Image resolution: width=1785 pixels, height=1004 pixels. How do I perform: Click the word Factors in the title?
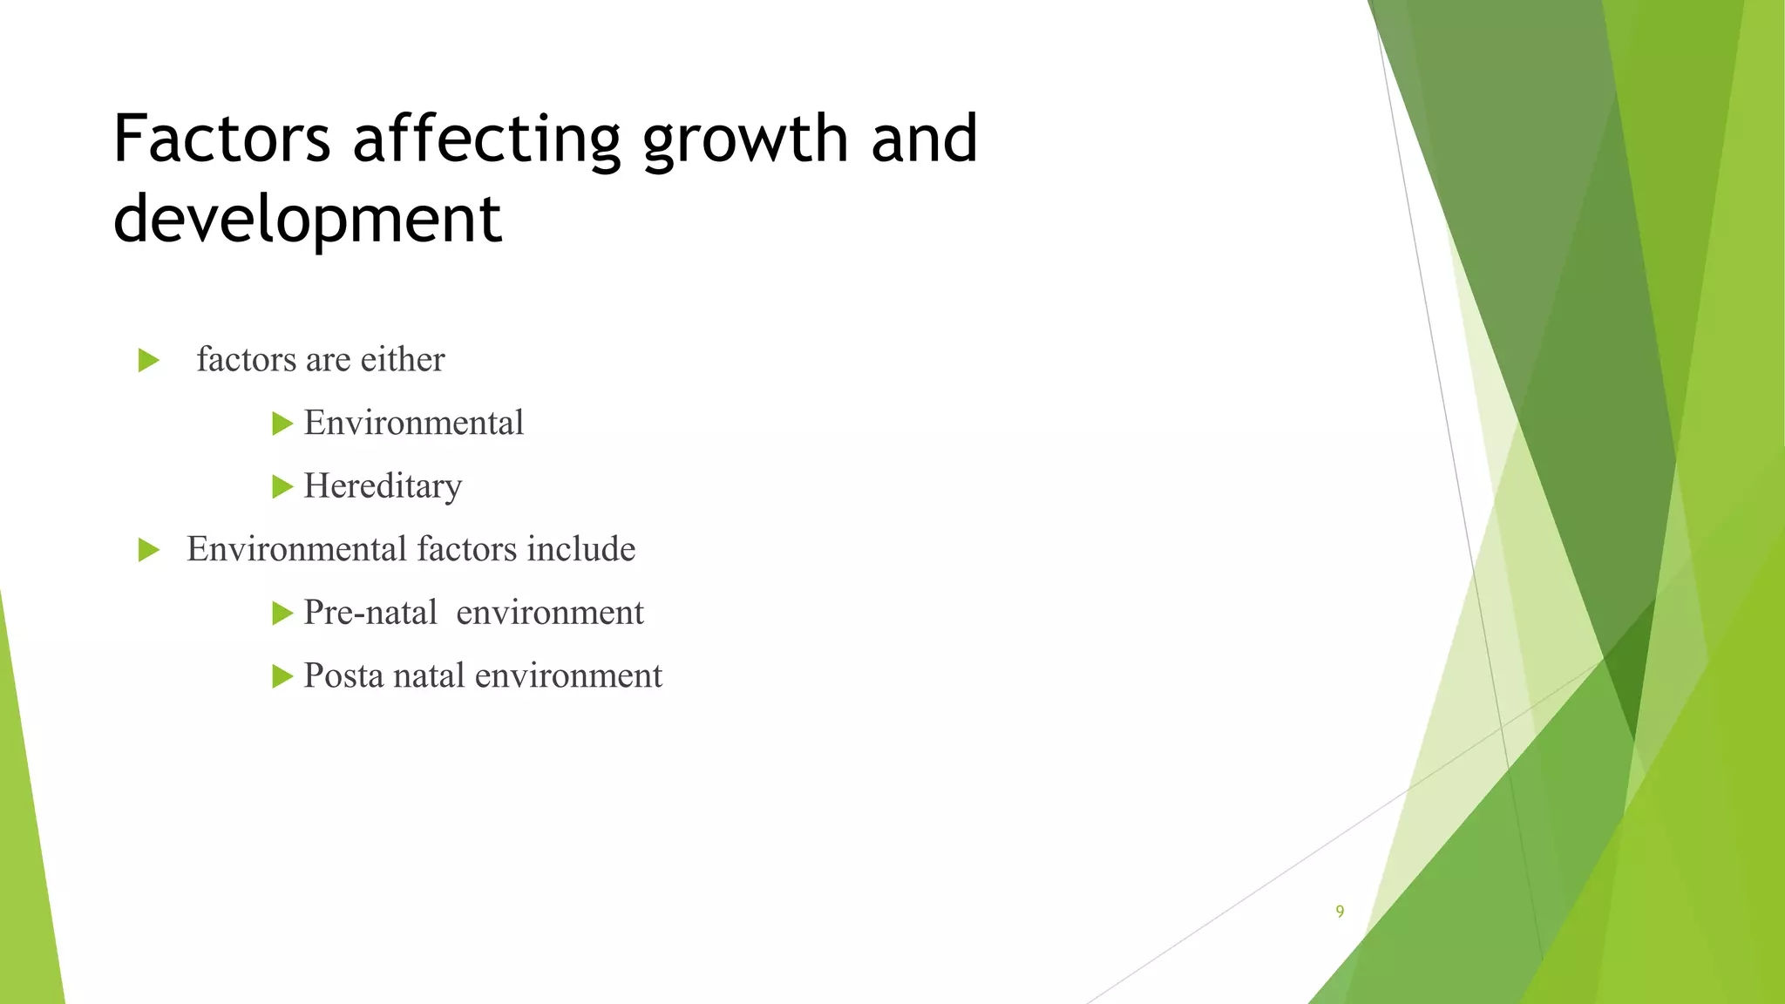coord(221,139)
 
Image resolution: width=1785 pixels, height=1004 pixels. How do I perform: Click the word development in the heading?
coord(308,219)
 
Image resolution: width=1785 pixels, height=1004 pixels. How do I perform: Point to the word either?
coord(403,359)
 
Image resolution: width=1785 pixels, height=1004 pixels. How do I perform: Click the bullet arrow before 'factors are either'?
coord(149,360)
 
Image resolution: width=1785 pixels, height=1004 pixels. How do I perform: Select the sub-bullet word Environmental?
coord(414,423)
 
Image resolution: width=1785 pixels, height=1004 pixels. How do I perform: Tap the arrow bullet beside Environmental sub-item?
coord(282,424)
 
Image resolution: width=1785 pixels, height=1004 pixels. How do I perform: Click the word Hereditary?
coord(383,486)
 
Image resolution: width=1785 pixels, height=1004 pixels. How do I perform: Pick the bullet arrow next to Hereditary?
coord(282,486)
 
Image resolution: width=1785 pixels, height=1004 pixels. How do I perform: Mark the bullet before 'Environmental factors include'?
coord(149,550)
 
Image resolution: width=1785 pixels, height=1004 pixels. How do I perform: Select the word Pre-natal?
coord(370,613)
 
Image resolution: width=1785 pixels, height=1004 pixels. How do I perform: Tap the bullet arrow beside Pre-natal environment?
coord(282,614)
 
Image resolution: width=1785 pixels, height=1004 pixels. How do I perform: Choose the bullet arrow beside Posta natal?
coord(282,676)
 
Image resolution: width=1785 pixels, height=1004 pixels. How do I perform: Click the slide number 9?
coord(1340,912)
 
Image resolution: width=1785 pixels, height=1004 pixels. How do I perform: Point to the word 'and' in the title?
coord(924,139)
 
